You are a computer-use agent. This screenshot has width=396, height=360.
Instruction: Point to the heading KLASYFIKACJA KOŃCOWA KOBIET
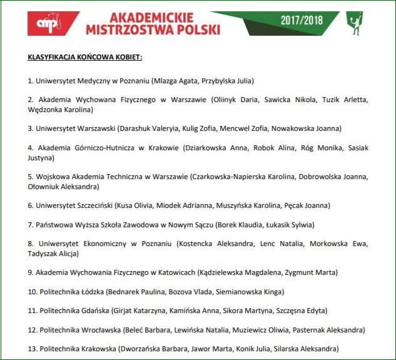(x=85, y=57)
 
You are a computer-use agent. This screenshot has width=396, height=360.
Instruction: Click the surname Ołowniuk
(x=46, y=187)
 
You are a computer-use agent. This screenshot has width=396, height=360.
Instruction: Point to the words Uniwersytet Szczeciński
(x=76, y=205)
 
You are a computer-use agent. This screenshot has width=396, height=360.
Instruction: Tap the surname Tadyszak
(x=44, y=254)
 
